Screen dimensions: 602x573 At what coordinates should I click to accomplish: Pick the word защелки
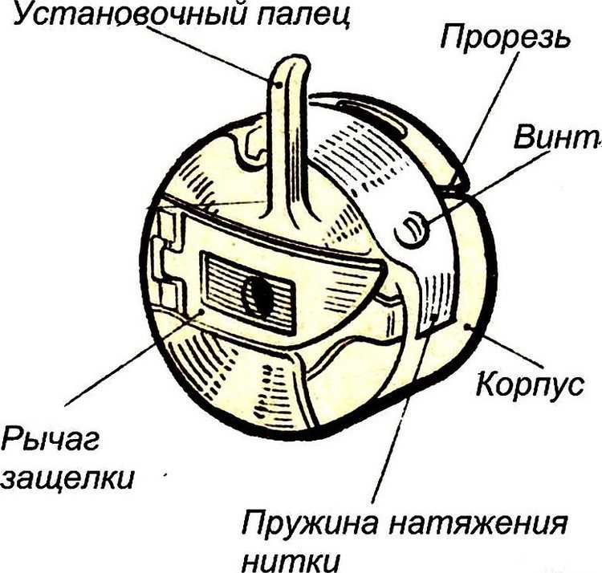tap(67, 477)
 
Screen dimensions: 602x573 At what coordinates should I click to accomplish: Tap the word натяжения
tap(478, 524)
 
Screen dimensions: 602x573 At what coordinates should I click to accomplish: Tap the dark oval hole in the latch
tap(258, 296)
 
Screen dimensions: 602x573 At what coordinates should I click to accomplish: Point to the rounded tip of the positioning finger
tap(291, 62)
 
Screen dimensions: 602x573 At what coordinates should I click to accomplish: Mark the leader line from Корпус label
tap(505, 345)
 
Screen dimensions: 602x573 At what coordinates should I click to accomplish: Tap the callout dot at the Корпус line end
tap(467, 326)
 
